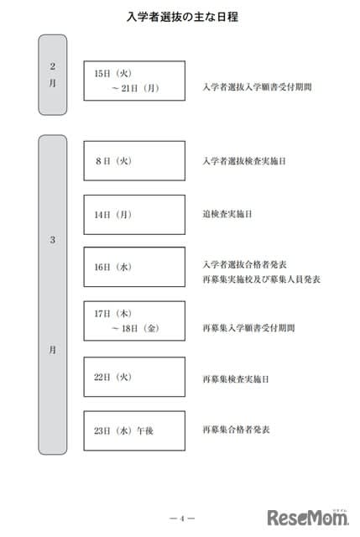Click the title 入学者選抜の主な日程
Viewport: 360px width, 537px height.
point(182,17)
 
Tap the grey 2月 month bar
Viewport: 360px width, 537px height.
point(52,75)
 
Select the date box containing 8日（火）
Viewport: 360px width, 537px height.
point(134,161)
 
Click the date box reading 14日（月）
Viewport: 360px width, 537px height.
point(134,215)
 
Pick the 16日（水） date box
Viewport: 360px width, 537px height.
point(134,267)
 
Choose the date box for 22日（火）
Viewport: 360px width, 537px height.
point(134,377)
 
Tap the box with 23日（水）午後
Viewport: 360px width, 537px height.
point(134,430)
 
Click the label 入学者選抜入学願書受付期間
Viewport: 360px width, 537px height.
point(258,87)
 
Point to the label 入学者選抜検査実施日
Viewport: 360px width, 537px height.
point(244,161)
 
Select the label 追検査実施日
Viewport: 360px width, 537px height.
point(227,215)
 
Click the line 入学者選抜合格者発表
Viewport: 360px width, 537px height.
point(244,264)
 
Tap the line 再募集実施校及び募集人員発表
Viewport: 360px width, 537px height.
point(261,279)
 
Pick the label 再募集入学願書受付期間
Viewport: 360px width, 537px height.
point(248,328)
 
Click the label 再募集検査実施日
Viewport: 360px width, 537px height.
point(236,379)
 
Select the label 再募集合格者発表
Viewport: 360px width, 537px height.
point(236,430)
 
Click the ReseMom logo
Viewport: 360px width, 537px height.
point(308,517)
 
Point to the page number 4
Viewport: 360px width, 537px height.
point(182,519)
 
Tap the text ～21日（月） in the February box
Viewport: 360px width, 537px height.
point(135,88)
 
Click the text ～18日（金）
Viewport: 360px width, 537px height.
point(135,328)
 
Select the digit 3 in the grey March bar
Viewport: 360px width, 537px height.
point(52,240)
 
